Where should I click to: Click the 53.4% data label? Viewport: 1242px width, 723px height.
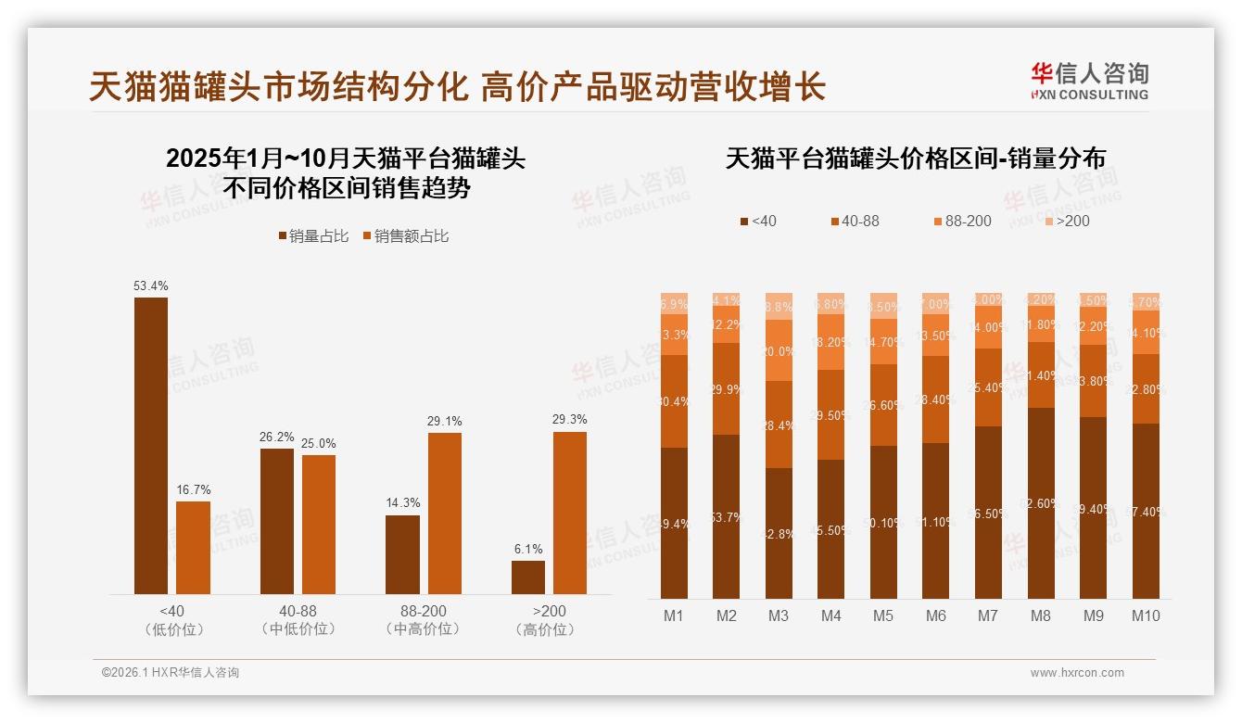coord(151,285)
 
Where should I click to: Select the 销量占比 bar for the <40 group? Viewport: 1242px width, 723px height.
coord(151,445)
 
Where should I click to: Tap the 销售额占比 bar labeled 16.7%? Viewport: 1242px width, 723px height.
coord(193,547)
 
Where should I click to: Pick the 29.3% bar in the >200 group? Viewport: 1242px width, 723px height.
coord(569,513)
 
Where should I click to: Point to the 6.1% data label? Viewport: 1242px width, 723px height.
coord(527,549)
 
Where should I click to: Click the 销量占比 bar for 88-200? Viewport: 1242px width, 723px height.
coord(402,554)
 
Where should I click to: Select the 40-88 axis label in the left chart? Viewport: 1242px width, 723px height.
coord(298,612)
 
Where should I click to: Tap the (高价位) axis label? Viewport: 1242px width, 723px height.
coord(549,629)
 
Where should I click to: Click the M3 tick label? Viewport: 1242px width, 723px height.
coord(779,615)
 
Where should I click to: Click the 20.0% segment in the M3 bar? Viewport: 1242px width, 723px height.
coord(779,350)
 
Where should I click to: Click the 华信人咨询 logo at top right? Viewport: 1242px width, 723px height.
coord(1089,81)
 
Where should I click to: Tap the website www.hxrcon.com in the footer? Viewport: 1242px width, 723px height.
coord(1077,673)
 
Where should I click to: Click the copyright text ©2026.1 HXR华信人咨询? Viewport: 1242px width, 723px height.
coord(171,673)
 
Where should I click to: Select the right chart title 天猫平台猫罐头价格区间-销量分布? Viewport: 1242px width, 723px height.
coord(915,159)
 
